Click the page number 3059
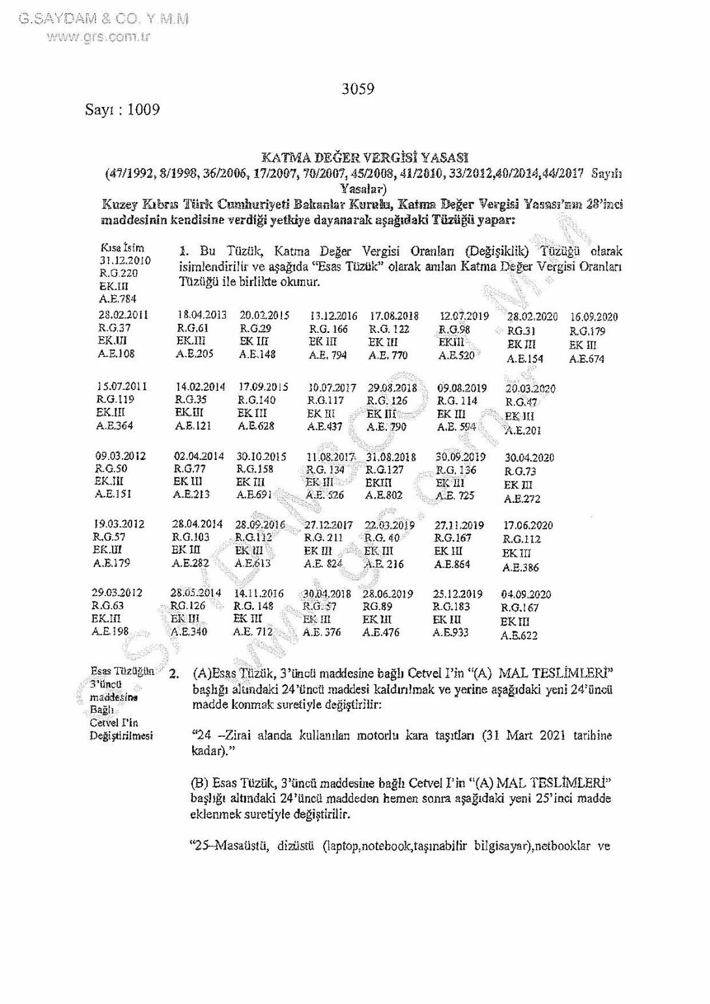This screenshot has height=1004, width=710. pos(358,89)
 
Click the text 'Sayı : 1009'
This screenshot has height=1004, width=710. pos(122,109)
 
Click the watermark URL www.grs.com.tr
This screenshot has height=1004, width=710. pos(98,36)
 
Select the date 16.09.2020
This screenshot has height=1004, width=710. pos(593,317)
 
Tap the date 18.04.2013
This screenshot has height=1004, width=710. pos(202,315)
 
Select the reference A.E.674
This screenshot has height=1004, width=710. pos(587,359)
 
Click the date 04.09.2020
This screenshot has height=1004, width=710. pos(526,594)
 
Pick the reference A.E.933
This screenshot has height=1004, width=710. pos(451,632)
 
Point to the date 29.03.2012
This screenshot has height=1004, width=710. pos(117,593)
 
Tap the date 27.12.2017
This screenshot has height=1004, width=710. pos(328,524)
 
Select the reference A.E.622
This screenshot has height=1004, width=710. pos(519,635)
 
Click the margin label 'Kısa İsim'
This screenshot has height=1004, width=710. pos(122,248)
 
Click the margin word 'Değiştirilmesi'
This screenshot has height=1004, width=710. pos(122,736)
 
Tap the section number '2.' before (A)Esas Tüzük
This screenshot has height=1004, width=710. pos(173,674)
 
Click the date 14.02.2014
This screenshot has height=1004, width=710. pos(201,386)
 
